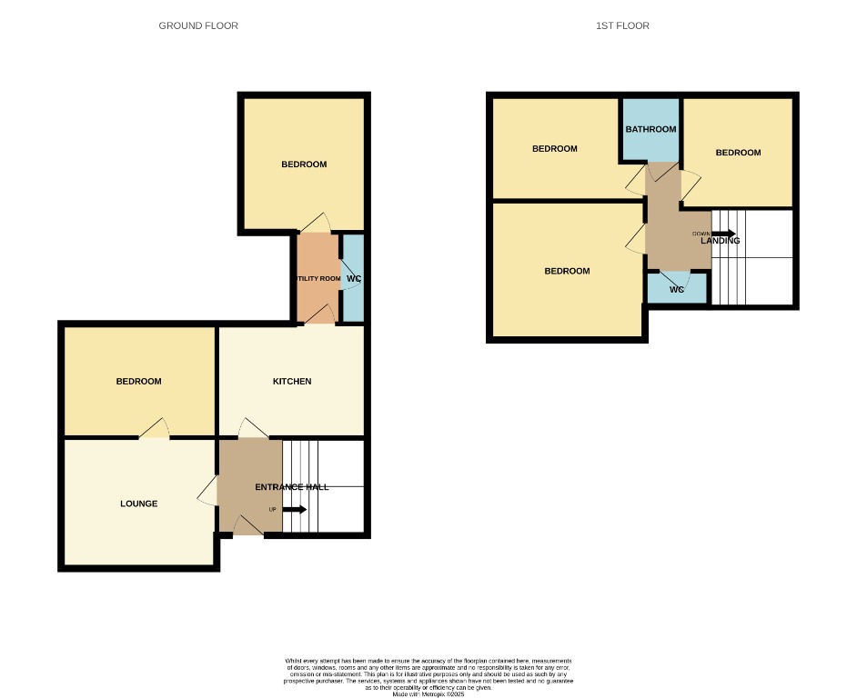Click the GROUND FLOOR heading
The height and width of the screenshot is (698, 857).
pyautogui.click(x=198, y=26)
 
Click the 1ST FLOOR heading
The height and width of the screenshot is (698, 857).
pyautogui.click(x=622, y=26)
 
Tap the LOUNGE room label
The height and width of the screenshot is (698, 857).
pyautogui.click(x=138, y=504)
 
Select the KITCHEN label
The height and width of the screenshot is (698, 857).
pyautogui.click(x=292, y=381)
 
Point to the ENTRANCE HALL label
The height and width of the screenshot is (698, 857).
pyautogui.click(x=291, y=487)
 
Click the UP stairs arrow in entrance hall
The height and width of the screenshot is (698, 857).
pyautogui.click(x=294, y=509)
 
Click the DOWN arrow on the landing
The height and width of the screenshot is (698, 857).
pyautogui.click(x=723, y=234)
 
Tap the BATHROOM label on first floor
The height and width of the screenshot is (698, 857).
pyautogui.click(x=650, y=129)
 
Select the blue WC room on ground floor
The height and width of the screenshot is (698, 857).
pyautogui.click(x=353, y=278)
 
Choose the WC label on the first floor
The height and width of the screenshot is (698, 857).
pyautogui.click(x=676, y=290)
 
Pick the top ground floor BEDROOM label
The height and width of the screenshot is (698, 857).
pyautogui.click(x=303, y=165)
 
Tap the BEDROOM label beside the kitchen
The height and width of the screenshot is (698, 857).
pyautogui.click(x=138, y=381)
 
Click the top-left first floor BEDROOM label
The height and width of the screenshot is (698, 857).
pyautogui.click(x=554, y=149)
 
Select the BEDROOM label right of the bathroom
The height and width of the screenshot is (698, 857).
pyautogui.click(x=738, y=153)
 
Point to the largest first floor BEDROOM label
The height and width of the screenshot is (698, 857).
pyautogui.click(x=567, y=271)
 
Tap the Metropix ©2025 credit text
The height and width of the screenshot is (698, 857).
pyautogui.click(x=428, y=693)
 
